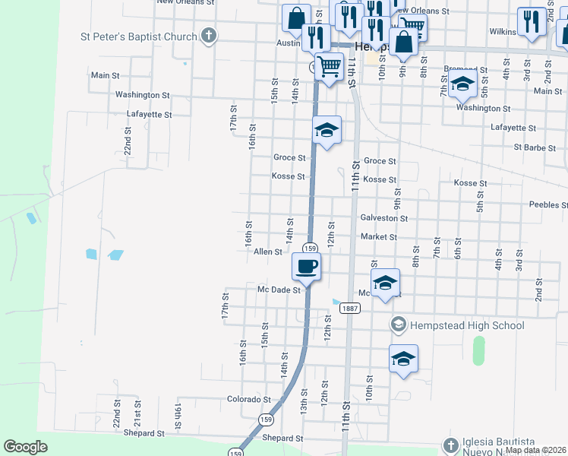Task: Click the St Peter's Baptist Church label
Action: point(139,36)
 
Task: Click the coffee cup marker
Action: point(307,266)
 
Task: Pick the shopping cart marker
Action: point(328,67)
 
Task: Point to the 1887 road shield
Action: point(350,308)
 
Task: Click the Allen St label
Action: point(268,252)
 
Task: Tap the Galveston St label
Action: point(384,218)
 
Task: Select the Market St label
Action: point(379,237)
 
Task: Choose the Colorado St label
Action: point(249,399)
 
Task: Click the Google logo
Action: point(25,447)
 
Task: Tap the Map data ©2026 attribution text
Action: point(535,450)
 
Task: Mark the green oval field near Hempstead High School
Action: point(478,350)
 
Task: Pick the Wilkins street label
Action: point(503,32)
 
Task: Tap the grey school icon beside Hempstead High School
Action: point(398,325)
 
